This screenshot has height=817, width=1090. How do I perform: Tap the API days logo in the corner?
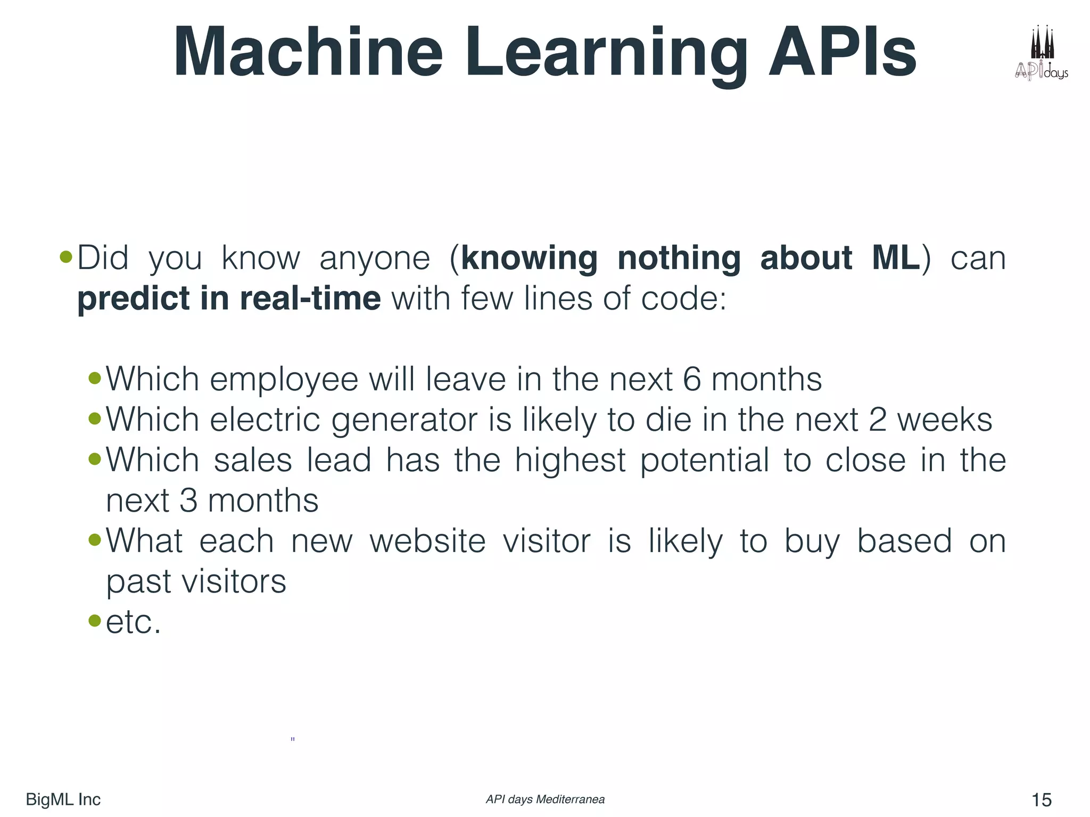(x=1042, y=53)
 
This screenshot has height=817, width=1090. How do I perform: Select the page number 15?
(x=1041, y=799)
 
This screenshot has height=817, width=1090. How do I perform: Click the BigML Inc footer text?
(x=63, y=799)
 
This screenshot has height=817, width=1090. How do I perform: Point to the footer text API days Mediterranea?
(x=545, y=799)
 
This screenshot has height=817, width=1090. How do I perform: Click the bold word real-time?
(x=310, y=298)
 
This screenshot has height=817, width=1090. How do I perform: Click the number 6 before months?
(x=691, y=380)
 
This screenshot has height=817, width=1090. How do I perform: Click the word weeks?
(x=945, y=420)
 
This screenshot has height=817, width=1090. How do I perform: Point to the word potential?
(x=704, y=461)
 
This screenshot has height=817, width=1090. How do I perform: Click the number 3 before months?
(x=188, y=501)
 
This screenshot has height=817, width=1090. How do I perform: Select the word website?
(x=427, y=541)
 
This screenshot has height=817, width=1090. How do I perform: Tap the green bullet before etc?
(x=95, y=620)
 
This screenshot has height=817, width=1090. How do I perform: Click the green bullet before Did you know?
(x=66, y=257)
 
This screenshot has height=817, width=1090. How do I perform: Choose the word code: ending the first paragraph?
(x=683, y=298)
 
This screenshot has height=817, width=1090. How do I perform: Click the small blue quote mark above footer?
(x=293, y=739)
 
